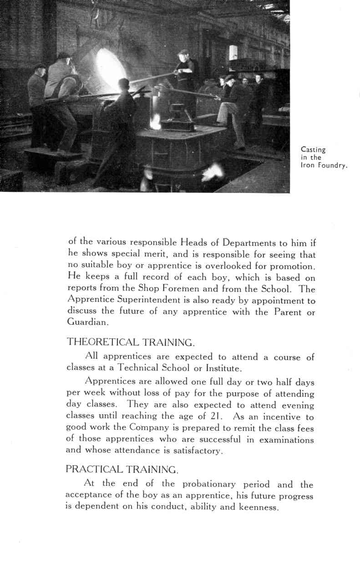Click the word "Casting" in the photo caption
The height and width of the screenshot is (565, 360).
pyautogui.click(x=313, y=149)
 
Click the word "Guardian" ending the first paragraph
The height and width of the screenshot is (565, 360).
pyautogui.click(x=87, y=322)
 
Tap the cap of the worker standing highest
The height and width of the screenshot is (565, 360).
pyautogui.click(x=183, y=52)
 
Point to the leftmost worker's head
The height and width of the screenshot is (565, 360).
pyautogui.click(x=39, y=69)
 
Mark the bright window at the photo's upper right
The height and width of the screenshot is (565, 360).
pyautogui.click(x=233, y=52)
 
